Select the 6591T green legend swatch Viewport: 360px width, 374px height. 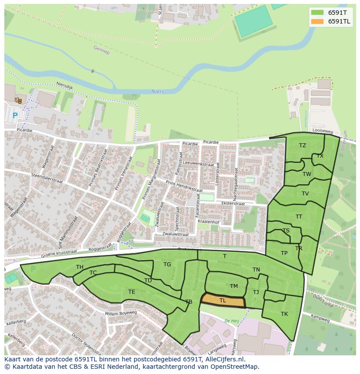[317, 13]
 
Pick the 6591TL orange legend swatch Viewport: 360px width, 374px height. [317, 21]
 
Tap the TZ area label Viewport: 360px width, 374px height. [303, 146]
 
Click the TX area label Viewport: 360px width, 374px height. [320, 156]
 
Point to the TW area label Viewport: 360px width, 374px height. [307, 174]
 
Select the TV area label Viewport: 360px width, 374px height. [305, 194]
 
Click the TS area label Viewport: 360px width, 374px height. [286, 231]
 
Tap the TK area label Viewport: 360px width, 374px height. [284, 314]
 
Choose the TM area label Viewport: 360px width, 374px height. [234, 286]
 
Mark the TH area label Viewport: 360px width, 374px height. [80, 267]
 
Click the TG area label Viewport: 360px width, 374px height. [167, 265]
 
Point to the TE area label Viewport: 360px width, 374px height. [131, 292]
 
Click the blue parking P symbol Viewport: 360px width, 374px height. [15, 116]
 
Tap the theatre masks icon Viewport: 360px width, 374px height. [18, 101]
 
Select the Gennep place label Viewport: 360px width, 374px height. [101, 50]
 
